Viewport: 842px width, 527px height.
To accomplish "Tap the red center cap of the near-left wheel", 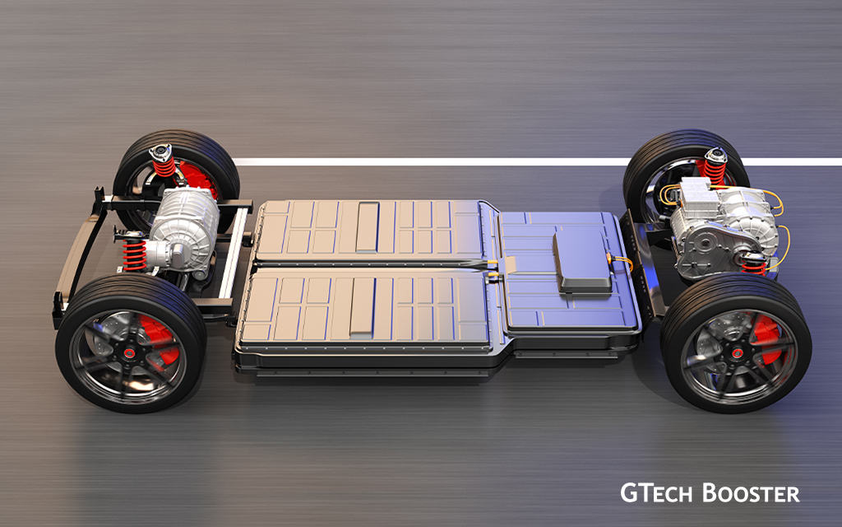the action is (129, 352).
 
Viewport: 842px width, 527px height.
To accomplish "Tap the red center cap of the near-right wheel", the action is (738, 353).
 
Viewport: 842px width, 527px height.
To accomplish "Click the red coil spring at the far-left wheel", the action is (164, 165).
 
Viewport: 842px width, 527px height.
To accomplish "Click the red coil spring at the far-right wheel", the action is (715, 170).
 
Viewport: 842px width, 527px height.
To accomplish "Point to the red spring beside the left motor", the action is (135, 255).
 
